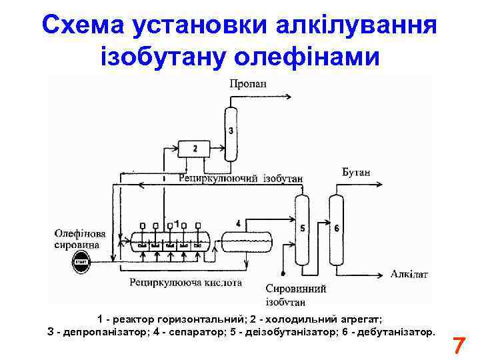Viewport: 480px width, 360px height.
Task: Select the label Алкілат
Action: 409,273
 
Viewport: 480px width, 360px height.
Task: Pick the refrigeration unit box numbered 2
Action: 195,148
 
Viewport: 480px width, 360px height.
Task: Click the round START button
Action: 81,261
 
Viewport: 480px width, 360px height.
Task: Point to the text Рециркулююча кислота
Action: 186,283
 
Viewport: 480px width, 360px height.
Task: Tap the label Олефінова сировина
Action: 79,239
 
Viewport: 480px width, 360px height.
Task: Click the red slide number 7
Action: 459,347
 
